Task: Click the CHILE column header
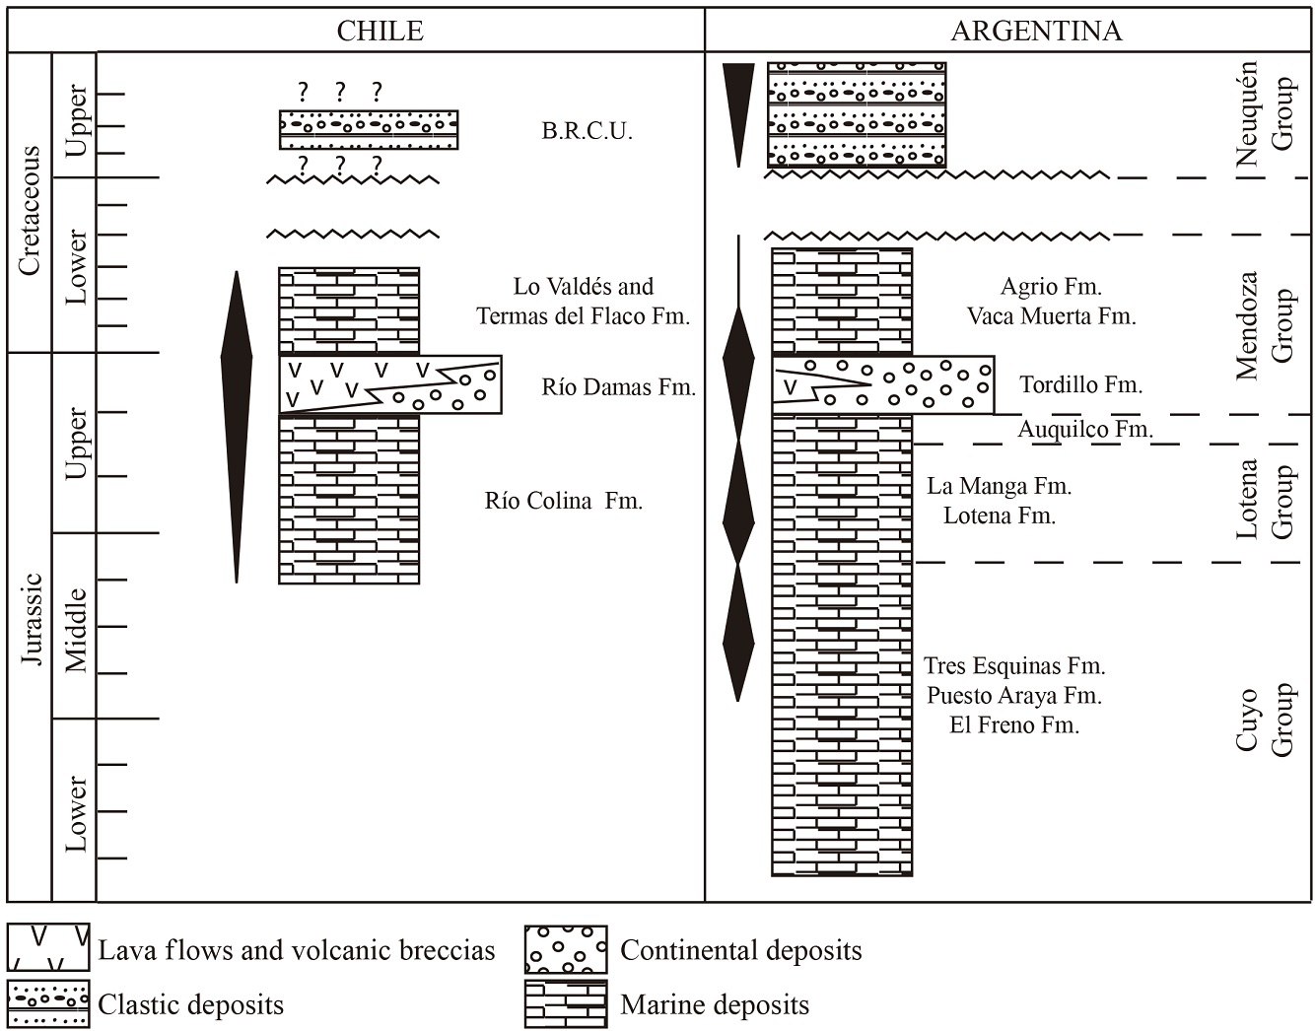coord(380,31)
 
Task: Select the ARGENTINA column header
coord(1035,31)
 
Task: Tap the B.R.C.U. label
coord(587,131)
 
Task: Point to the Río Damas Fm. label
coord(618,387)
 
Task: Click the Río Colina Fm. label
coord(563,501)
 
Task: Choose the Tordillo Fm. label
coord(1080,384)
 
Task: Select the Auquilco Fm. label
coord(1084,429)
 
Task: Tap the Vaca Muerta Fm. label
coord(1051,316)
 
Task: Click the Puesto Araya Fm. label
coord(1013,696)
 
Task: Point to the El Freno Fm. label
coord(1013,725)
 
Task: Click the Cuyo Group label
coord(1264,720)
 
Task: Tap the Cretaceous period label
coord(30,210)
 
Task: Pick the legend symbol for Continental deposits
coord(566,950)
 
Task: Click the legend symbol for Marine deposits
coord(566,1004)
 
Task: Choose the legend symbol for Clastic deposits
coord(49,1004)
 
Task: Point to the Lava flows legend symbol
coord(49,948)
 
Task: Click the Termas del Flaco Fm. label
coord(583,316)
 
